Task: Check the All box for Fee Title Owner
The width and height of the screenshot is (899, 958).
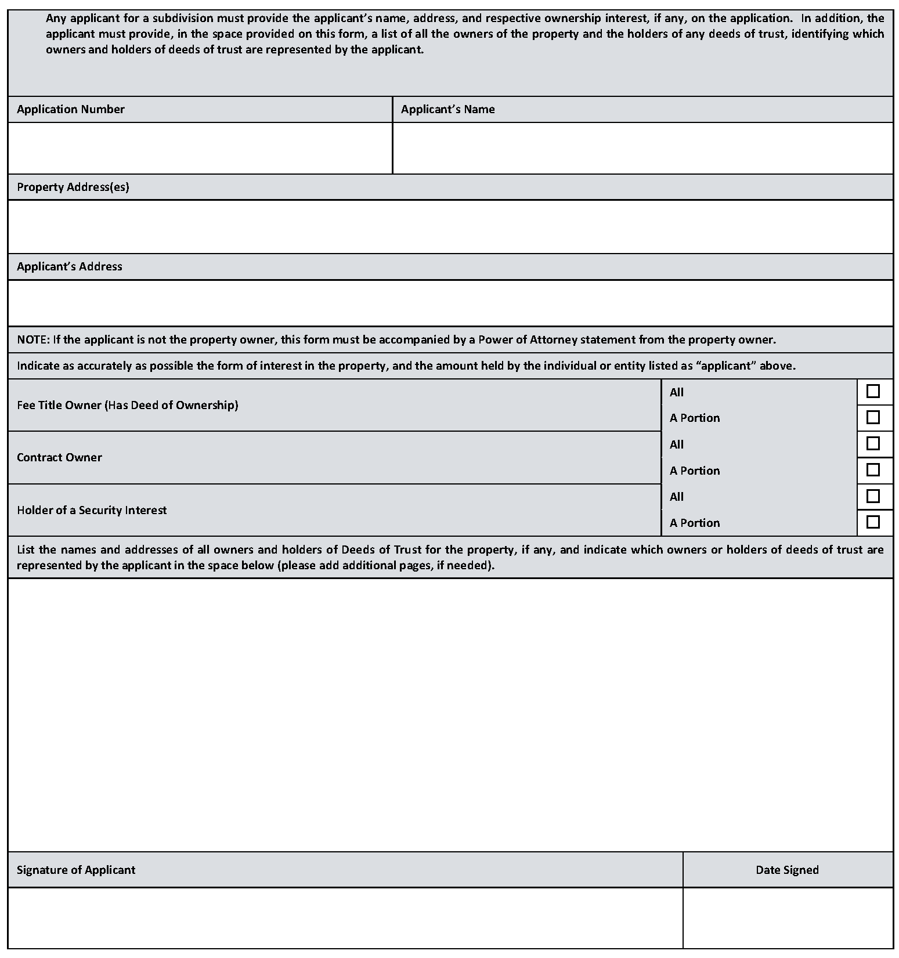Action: (872, 392)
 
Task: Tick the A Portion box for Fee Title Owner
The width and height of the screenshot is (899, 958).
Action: (872, 418)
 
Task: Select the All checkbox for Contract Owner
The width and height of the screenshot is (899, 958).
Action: (872, 444)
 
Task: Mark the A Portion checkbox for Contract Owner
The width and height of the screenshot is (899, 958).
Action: (872, 470)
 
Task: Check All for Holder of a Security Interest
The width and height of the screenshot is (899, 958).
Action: (872, 497)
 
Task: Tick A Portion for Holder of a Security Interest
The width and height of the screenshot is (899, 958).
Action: (872, 522)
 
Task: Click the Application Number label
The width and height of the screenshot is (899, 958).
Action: (71, 110)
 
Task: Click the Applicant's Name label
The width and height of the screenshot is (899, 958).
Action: (447, 110)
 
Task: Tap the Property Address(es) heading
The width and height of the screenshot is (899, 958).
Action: (73, 187)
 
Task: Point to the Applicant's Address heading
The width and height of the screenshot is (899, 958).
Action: (70, 267)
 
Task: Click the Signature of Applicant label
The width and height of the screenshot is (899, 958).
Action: (76, 870)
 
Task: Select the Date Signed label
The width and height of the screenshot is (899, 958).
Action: (787, 870)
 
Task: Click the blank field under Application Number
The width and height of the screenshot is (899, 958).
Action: (200, 149)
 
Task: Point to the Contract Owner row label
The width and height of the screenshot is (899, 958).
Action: (59, 458)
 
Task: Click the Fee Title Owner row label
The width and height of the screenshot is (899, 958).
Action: (128, 406)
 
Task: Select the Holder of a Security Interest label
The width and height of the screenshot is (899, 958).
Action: (92, 511)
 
